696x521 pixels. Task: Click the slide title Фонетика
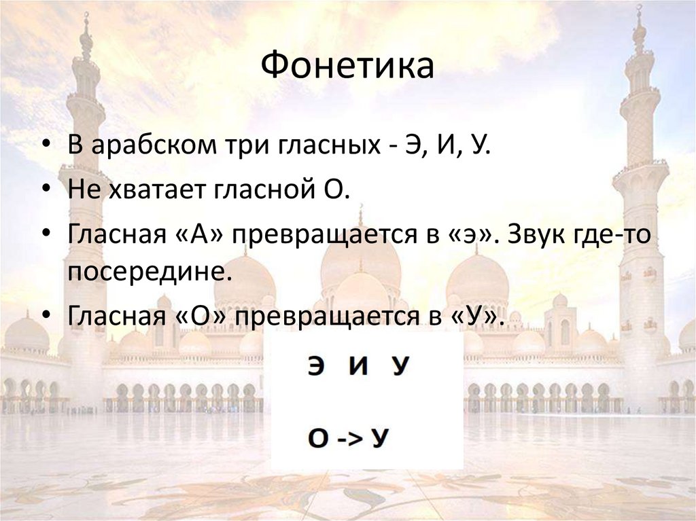tap(347, 66)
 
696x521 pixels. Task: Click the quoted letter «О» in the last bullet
tap(203, 316)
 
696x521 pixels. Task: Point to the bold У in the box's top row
tap(401, 367)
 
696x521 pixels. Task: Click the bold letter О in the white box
tap(317, 438)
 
